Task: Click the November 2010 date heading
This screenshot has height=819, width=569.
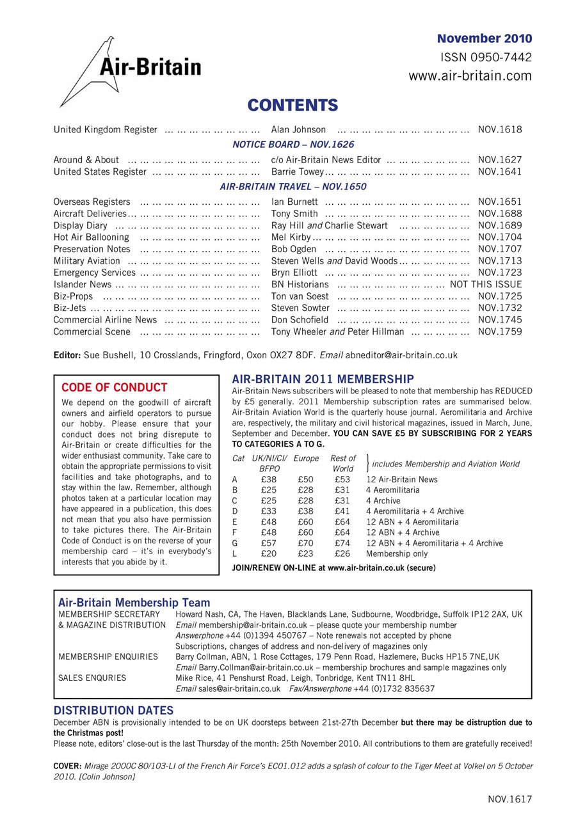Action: (x=484, y=38)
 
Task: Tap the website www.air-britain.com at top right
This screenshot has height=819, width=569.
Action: (x=470, y=76)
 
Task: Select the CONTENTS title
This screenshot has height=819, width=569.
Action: (x=293, y=105)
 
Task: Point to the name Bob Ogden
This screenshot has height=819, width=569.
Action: (x=293, y=249)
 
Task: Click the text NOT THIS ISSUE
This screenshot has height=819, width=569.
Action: (x=486, y=284)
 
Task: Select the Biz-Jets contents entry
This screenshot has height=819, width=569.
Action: (x=70, y=308)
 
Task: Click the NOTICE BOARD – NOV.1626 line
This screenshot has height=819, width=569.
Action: (x=293, y=145)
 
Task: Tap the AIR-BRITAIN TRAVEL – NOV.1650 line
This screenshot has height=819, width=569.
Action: (x=293, y=187)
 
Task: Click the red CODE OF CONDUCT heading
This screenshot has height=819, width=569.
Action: (x=114, y=387)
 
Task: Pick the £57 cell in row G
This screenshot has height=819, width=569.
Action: (x=269, y=543)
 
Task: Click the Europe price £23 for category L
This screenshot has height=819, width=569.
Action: (x=305, y=554)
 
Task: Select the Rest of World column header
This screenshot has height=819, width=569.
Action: (x=343, y=463)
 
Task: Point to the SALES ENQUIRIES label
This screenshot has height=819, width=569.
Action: (x=92, y=678)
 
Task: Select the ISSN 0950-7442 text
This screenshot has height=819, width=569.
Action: (x=486, y=58)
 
